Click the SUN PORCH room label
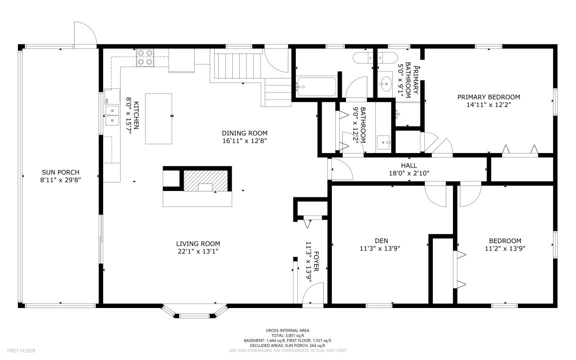tap(60, 172)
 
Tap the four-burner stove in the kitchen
tap(145, 57)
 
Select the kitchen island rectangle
tap(159, 118)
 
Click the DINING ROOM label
tap(245, 133)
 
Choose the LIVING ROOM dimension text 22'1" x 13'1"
tap(197, 251)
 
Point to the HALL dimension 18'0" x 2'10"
tap(408, 173)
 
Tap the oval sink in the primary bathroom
tap(385, 81)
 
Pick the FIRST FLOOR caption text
tap(21, 350)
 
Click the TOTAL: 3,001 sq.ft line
tap(287, 335)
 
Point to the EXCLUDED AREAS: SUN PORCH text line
tap(287, 345)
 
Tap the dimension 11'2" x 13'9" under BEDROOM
tap(504, 248)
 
